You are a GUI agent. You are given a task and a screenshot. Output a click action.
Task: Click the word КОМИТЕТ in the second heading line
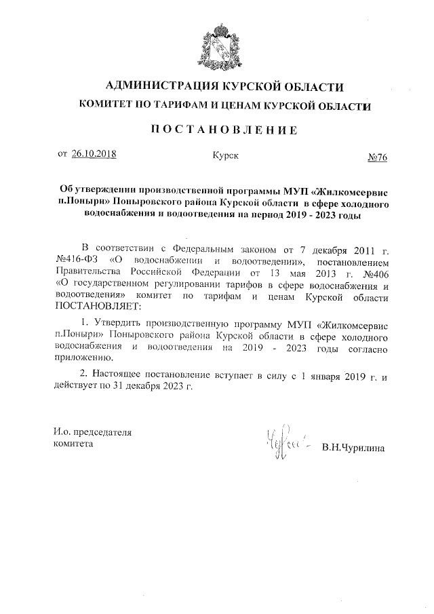click(109, 106)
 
